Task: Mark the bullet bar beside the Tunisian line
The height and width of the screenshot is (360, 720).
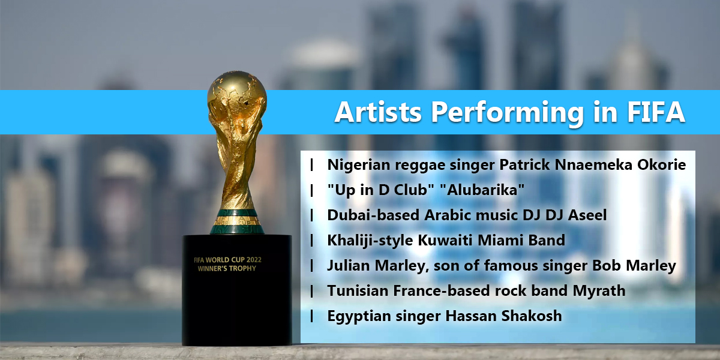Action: click(312, 291)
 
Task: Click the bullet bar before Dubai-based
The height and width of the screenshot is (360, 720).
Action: click(312, 215)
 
